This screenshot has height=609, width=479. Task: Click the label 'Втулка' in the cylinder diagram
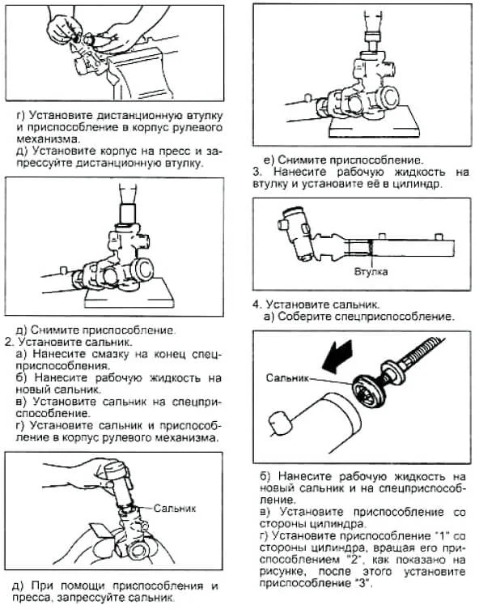coord(371,271)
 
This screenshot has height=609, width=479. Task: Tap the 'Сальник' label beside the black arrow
coord(287,377)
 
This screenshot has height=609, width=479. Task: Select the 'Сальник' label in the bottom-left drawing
coord(175,508)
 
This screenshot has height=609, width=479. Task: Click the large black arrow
coord(337,356)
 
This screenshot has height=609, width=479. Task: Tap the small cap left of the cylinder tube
coord(278,424)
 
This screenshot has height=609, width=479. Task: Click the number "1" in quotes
coord(442,536)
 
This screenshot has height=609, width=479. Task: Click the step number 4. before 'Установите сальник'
coord(257,304)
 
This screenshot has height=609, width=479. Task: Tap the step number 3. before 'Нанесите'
coord(257,172)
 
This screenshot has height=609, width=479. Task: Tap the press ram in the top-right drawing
coord(374,38)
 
